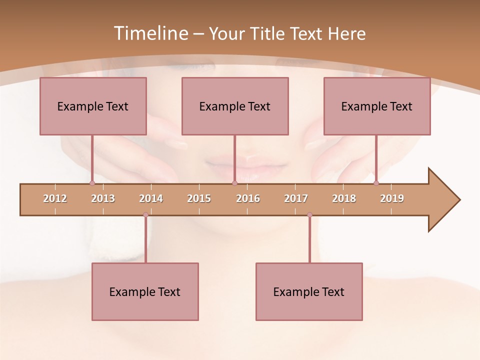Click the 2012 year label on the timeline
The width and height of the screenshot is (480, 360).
click(55, 198)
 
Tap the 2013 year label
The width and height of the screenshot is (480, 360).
click(103, 198)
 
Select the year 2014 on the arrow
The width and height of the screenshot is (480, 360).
click(151, 198)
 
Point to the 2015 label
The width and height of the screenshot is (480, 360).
click(199, 198)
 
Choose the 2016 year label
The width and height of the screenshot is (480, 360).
click(248, 198)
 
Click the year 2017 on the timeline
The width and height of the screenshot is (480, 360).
click(296, 198)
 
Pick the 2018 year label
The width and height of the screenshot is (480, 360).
click(344, 198)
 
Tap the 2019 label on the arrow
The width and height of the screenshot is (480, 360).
click(392, 198)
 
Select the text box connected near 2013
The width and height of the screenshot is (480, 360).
click(93, 106)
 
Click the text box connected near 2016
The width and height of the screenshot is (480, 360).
click(235, 106)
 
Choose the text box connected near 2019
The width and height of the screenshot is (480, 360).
click(377, 106)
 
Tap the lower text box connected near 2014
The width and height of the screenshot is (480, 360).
click(145, 291)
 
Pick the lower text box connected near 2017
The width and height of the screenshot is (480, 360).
click(309, 291)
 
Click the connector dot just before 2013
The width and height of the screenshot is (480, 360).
click(92, 183)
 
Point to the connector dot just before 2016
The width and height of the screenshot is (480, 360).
click(234, 183)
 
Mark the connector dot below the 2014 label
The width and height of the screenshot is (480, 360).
click(145, 215)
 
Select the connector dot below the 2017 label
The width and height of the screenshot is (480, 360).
click(309, 215)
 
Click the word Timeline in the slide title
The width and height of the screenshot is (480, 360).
click(150, 33)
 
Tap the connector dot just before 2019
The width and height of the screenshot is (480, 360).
click(376, 183)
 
